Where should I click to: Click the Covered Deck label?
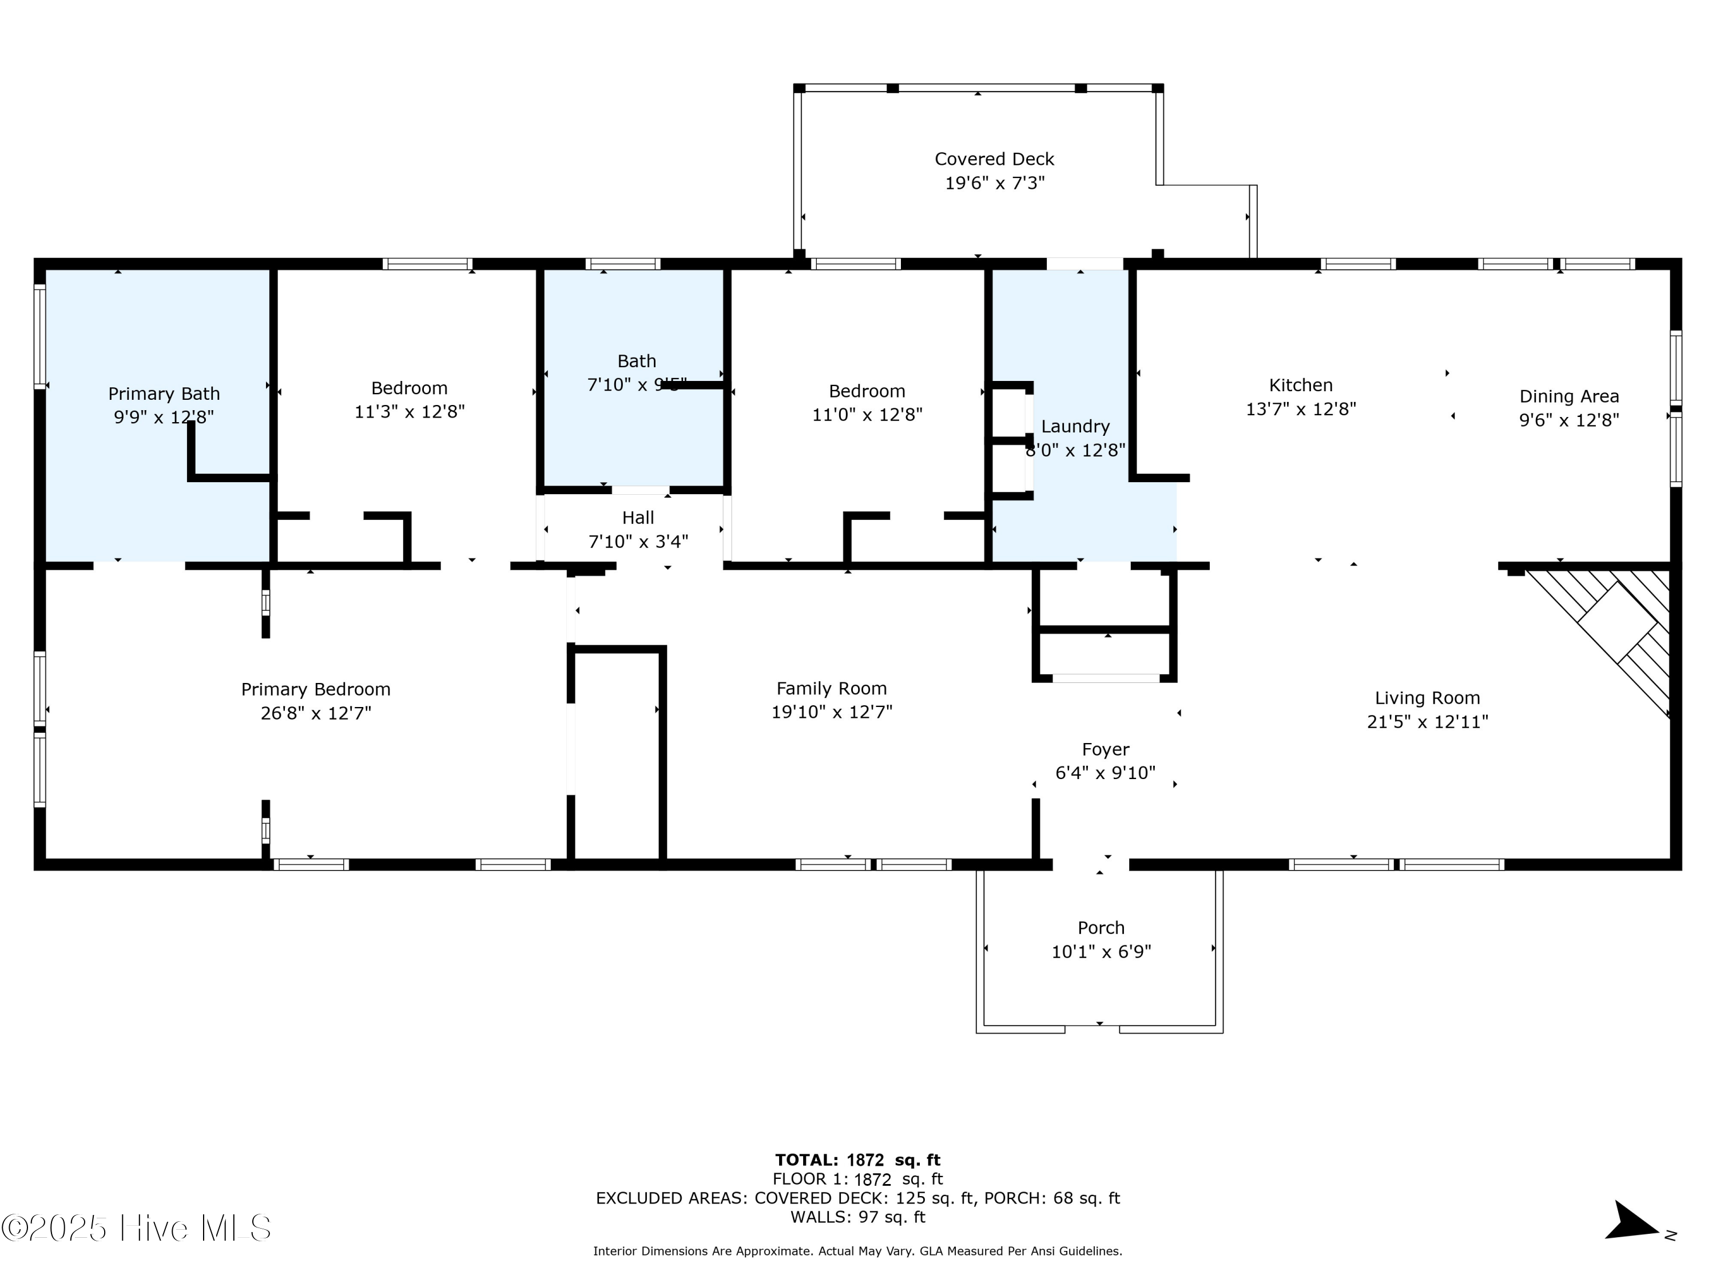[994, 159]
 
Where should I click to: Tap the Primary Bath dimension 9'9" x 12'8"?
[164, 418]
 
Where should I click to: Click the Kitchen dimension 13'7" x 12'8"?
[1300, 409]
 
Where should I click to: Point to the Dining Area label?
[1568, 396]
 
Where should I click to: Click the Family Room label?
[831, 688]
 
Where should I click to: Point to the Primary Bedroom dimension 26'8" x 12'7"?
[316, 713]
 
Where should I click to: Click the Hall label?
[638, 518]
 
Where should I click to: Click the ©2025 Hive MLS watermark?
[137, 1228]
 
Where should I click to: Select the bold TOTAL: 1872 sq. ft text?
[857, 1160]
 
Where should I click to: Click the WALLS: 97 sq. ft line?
[857, 1217]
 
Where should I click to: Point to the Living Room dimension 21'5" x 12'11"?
[1427, 721]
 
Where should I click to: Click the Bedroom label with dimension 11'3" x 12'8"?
[409, 388]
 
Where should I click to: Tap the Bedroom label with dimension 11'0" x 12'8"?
[867, 391]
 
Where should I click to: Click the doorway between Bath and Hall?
[640, 490]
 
